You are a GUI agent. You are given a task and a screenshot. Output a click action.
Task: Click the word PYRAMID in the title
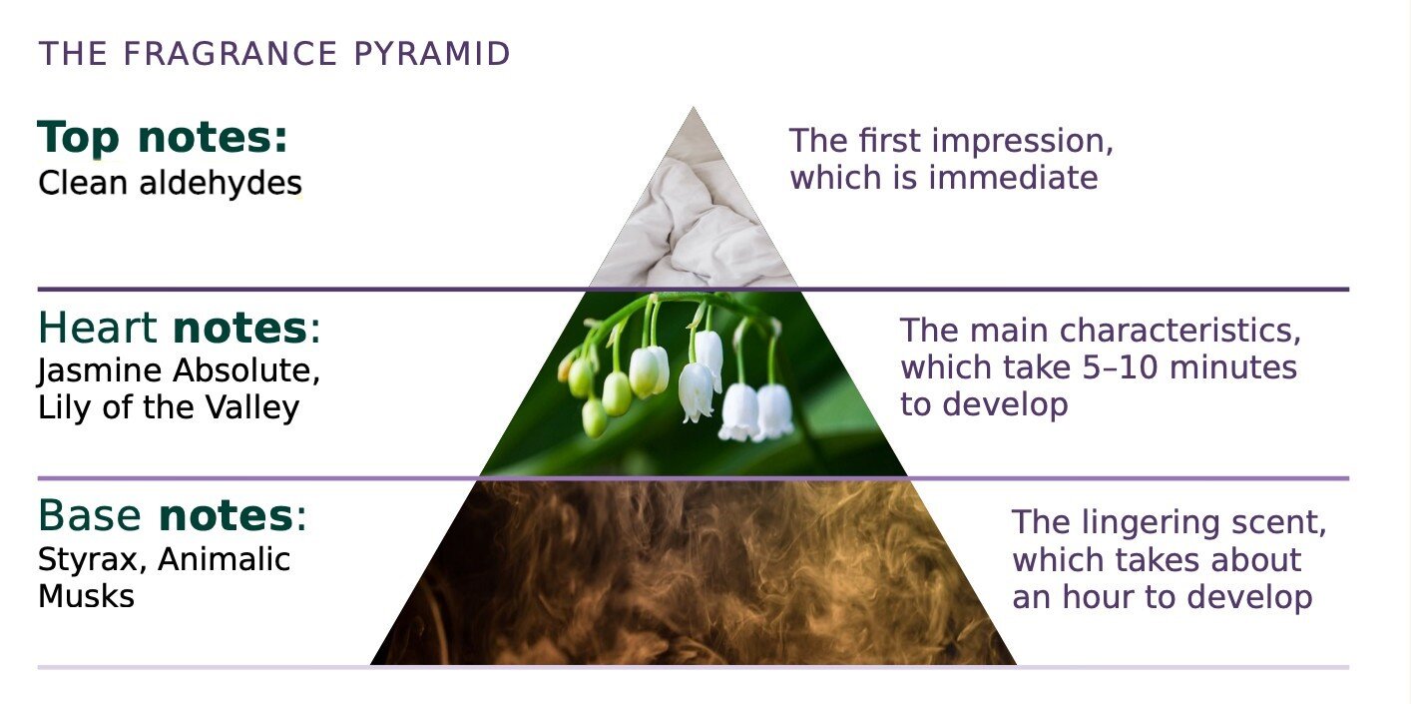click(431, 54)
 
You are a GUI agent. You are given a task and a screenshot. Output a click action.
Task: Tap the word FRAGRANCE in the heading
click(230, 54)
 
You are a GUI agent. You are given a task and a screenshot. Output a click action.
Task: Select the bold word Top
click(78, 138)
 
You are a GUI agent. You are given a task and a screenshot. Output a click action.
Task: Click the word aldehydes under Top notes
click(221, 183)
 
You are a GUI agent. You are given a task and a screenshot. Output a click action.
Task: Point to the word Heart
click(97, 328)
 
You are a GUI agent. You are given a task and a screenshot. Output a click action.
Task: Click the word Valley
click(252, 407)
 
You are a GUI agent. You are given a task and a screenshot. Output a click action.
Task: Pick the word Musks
click(86, 596)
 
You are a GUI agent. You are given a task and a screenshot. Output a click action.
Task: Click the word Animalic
click(225, 559)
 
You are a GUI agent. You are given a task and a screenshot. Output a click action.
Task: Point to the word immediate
click(1014, 177)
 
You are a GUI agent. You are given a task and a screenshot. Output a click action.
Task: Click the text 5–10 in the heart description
click(1120, 367)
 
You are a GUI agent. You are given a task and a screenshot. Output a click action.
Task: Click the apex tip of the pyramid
click(693, 107)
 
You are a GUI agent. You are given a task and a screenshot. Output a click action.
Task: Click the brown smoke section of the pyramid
click(693, 573)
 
